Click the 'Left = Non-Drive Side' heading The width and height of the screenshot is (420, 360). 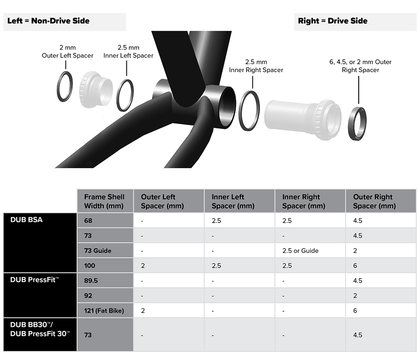[x=48, y=21]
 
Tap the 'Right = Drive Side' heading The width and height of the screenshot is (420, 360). [x=333, y=21]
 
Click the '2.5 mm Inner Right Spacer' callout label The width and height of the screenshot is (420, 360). [x=256, y=66]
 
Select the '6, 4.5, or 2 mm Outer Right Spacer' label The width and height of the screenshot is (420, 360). [x=360, y=66]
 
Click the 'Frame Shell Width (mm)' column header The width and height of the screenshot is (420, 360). [x=104, y=202]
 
